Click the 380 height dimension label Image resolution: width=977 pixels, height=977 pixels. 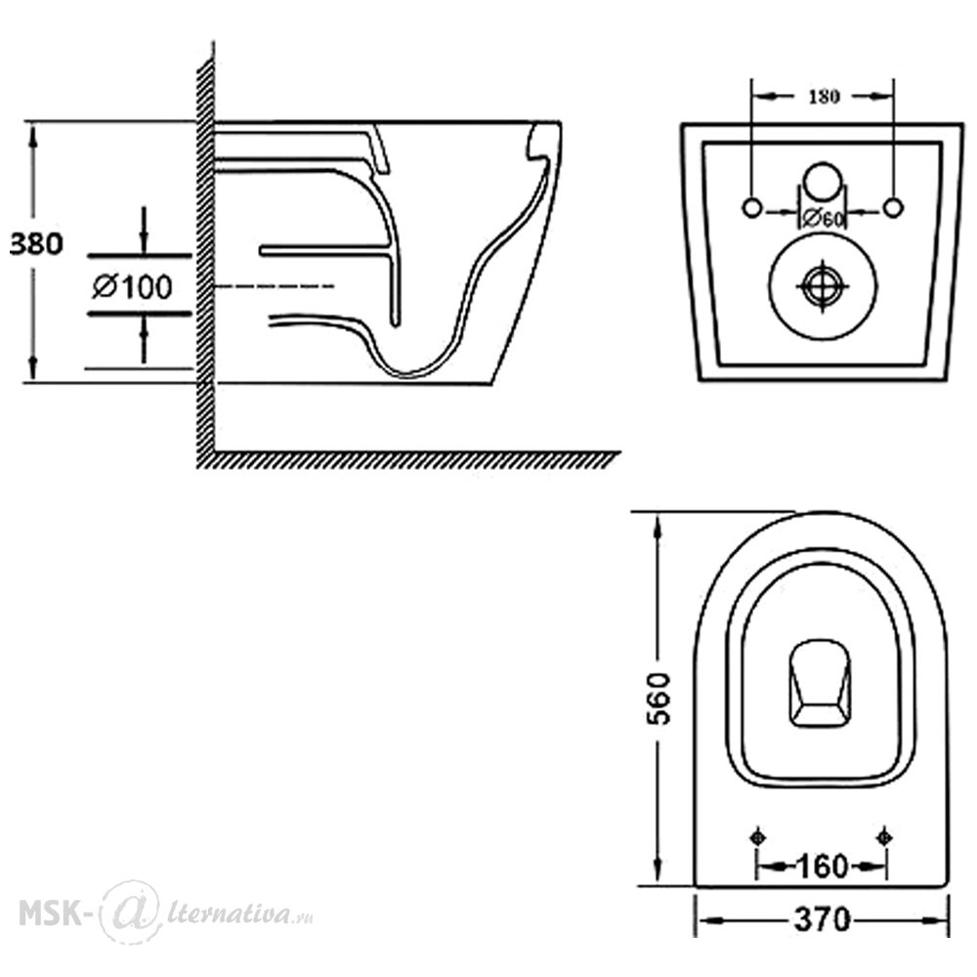(x=36, y=243)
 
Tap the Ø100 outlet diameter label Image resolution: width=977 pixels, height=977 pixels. (x=132, y=287)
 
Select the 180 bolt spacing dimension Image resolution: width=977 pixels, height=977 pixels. (x=824, y=97)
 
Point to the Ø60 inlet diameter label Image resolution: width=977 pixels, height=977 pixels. (x=823, y=219)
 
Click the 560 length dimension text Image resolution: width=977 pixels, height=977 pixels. (x=658, y=699)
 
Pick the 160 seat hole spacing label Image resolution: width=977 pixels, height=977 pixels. (x=822, y=867)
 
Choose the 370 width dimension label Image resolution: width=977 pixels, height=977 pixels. (x=823, y=919)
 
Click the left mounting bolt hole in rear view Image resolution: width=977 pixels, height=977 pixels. (x=752, y=207)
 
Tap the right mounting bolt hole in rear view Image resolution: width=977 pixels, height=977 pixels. (x=894, y=207)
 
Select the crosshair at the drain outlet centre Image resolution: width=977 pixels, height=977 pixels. (x=823, y=286)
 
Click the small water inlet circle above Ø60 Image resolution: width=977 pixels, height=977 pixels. (x=823, y=182)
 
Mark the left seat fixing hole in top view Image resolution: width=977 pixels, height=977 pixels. (x=758, y=837)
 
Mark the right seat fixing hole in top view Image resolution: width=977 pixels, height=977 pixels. (x=884, y=837)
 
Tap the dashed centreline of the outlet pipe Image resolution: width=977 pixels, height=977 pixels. (x=275, y=286)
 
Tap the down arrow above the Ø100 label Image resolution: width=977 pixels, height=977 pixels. (x=144, y=230)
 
